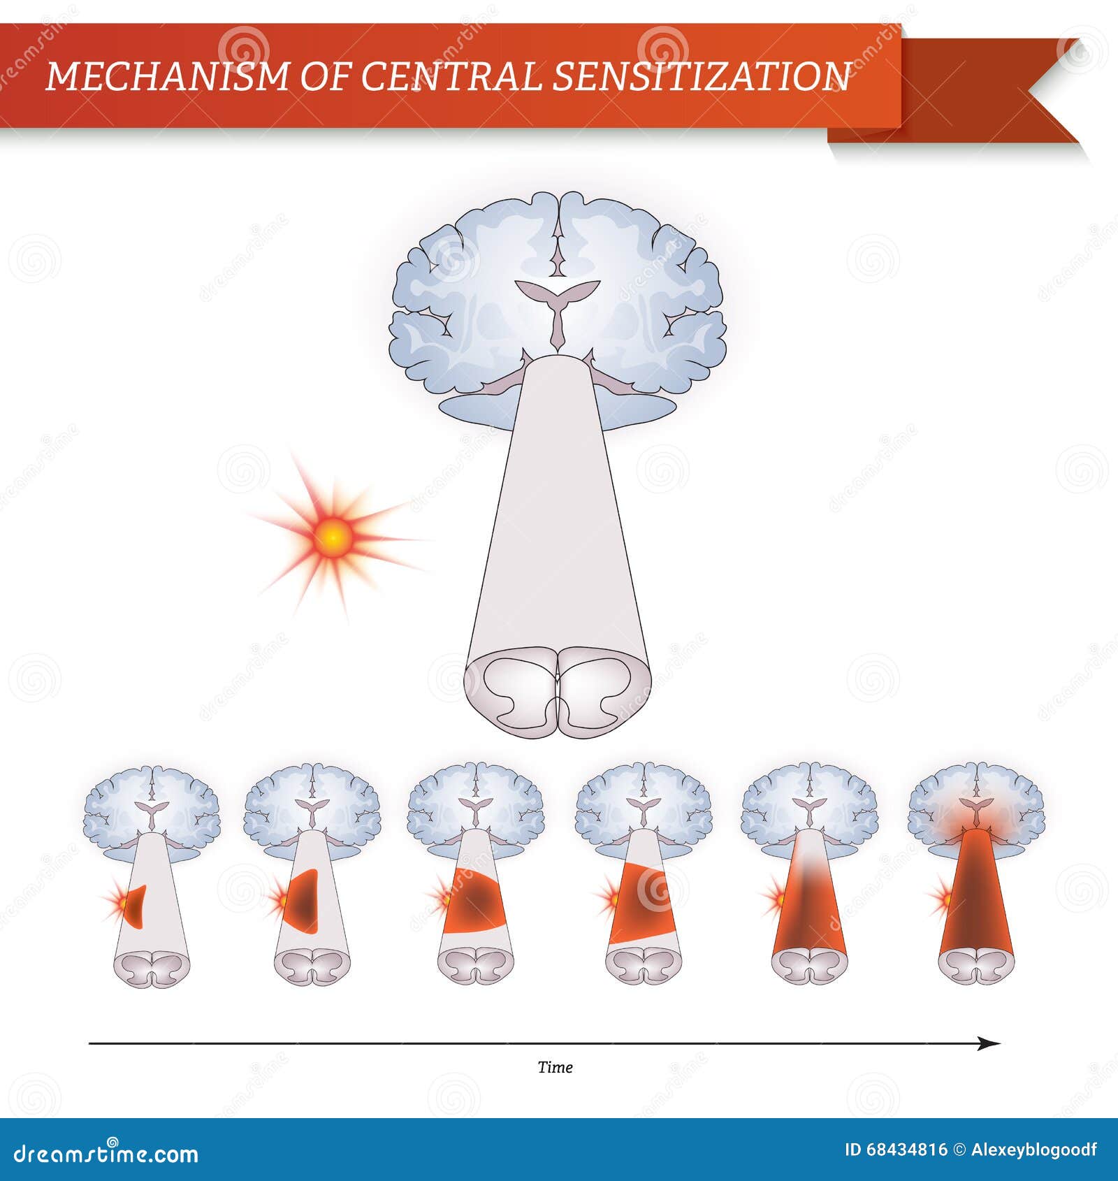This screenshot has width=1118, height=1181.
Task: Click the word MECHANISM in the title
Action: tap(166, 76)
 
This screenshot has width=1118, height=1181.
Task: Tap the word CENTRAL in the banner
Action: tap(450, 76)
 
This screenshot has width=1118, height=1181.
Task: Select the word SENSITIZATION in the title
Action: tap(702, 76)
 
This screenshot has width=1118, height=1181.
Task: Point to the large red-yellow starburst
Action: tap(334, 537)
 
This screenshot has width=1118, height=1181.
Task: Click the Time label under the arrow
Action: tap(555, 1067)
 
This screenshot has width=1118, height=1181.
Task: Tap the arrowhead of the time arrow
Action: tap(989, 1043)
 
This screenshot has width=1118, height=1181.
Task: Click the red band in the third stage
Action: tap(475, 903)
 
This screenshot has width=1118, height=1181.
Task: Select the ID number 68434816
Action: tap(906, 1150)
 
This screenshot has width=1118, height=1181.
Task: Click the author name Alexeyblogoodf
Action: tap(1034, 1150)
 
